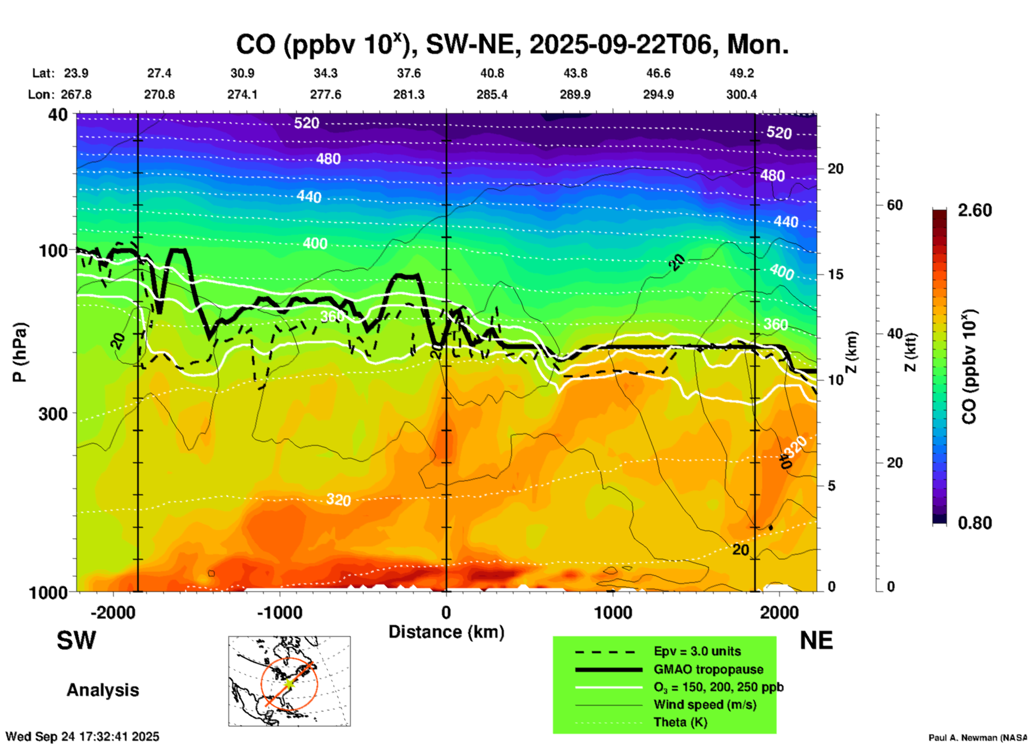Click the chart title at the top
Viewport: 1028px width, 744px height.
pos(512,45)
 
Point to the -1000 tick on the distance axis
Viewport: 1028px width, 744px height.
pos(280,612)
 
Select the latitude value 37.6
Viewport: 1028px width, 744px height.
pos(408,73)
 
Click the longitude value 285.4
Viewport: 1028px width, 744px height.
pos(492,94)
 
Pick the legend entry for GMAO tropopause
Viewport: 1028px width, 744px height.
pos(708,669)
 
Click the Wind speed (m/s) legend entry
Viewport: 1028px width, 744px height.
pos(705,705)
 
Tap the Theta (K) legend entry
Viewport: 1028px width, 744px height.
pos(680,722)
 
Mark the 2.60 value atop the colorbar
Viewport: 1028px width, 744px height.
pos(975,210)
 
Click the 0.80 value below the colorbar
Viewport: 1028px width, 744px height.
pos(975,523)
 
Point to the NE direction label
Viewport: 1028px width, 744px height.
pos(816,640)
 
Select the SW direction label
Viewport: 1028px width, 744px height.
pos(76,640)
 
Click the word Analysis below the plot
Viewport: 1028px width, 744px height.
pos(102,690)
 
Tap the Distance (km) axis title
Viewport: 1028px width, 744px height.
pos(446,632)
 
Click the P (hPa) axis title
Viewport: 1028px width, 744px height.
pos(20,352)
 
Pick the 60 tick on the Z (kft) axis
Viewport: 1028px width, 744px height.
pos(895,205)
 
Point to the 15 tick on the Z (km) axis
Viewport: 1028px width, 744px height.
pos(835,274)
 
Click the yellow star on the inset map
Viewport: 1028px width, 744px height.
pos(289,683)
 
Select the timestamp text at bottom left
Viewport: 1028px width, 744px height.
pos(82,737)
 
